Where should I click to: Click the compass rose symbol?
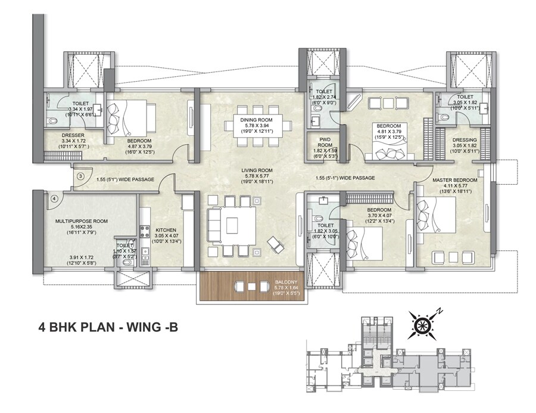(423, 325)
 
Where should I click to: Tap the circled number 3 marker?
(80, 177)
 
